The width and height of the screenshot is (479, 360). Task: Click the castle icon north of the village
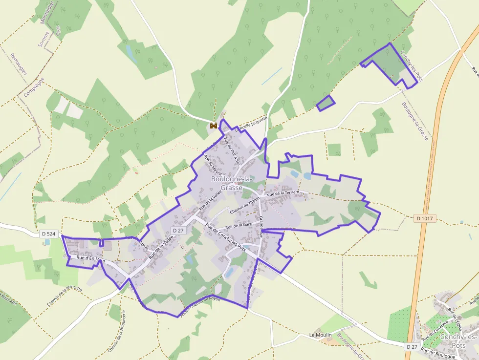tap(213, 126)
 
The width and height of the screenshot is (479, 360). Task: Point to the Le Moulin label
tap(321, 335)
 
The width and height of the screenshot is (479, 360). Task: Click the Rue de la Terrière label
tap(286, 193)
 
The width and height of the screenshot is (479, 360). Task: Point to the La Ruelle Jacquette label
tap(251, 125)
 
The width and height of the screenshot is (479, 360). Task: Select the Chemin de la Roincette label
tap(65, 296)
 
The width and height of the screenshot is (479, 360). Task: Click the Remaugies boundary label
tap(19, 64)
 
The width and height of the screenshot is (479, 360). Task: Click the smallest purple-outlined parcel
tap(326, 103)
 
